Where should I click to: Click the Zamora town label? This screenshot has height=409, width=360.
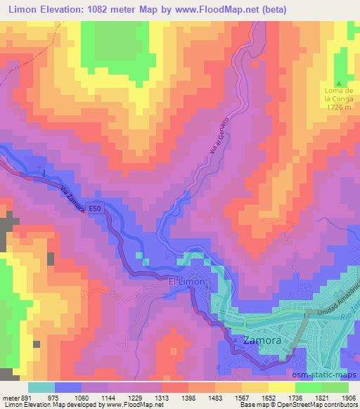[263, 340]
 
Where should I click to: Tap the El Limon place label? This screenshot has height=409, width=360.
[188, 282]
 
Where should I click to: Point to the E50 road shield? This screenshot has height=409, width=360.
[98, 208]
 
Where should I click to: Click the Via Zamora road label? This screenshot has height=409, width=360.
[73, 200]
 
